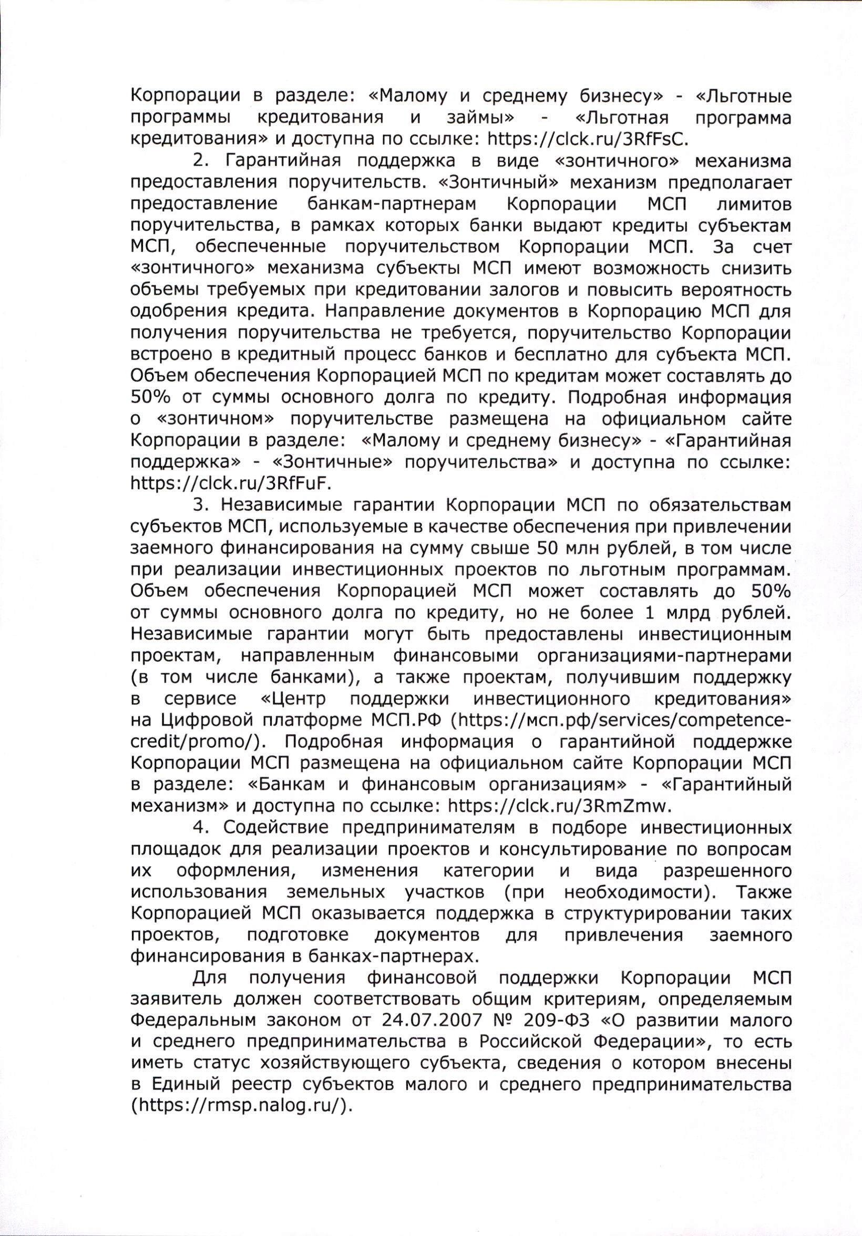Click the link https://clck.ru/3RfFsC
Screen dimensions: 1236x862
coord(588,139)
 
